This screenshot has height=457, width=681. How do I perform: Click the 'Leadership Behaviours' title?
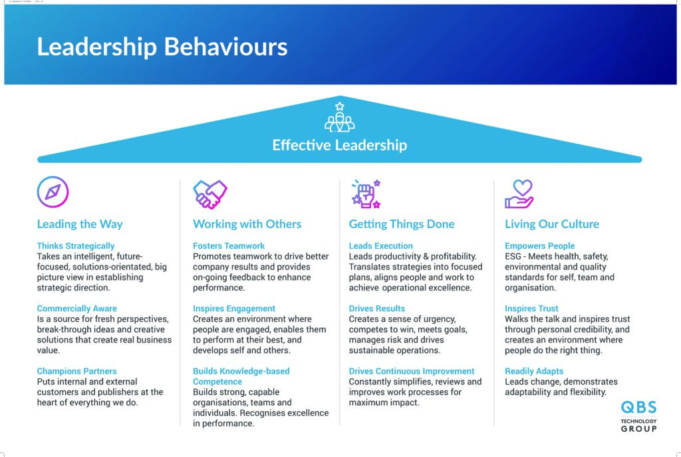click(x=162, y=47)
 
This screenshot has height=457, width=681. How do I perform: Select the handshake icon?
click(x=209, y=194)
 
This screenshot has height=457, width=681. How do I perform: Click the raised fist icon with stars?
click(x=366, y=194)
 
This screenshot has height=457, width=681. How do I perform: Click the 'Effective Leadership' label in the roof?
click(x=340, y=145)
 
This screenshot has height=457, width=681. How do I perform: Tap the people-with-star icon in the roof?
click(x=340, y=117)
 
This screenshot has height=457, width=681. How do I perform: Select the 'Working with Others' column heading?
click(x=247, y=224)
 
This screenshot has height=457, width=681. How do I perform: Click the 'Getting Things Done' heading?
click(x=402, y=224)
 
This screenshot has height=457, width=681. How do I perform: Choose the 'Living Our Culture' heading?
click(x=551, y=224)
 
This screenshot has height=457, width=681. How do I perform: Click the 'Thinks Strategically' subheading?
click(x=76, y=246)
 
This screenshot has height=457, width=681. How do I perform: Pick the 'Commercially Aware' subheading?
click(x=77, y=309)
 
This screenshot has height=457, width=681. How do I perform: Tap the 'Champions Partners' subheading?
click(x=77, y=371)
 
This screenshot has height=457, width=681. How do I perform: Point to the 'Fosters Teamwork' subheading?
click(x=229, y=246)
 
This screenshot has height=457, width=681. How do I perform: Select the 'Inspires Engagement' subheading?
click(x=234, y=309)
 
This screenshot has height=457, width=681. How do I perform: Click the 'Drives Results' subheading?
click(x=377, y=309)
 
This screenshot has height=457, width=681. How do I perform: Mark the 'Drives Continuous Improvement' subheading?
click(x=412, y=371)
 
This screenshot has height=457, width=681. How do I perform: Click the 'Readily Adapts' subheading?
click(x=534, y=371)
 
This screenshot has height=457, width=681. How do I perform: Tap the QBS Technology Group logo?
click(x=638, y=416)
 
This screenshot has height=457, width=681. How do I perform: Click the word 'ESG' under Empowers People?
click(x=513, y=256)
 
